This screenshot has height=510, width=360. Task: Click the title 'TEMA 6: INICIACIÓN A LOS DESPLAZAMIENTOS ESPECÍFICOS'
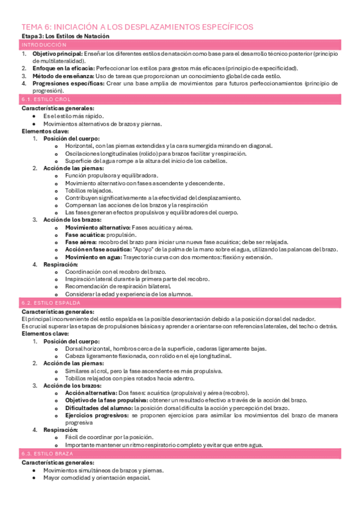point(137,27)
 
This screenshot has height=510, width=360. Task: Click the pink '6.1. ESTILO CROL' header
point(46,100)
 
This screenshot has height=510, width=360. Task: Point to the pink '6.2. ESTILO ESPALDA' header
point(50,304)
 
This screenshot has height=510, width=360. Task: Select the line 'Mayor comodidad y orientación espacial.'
point(97,478)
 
